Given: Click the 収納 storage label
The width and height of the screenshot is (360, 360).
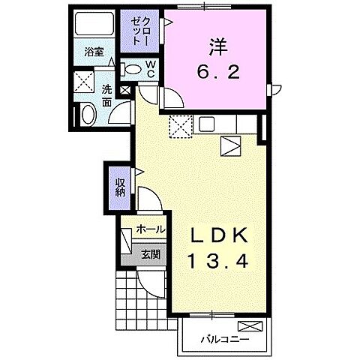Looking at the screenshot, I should [x=120, y=184].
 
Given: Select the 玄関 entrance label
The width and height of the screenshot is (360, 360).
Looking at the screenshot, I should [x=150, y=254].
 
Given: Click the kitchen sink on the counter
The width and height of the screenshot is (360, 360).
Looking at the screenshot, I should [x=206, y=124].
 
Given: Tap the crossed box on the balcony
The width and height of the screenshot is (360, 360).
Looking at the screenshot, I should [x=251, y=326].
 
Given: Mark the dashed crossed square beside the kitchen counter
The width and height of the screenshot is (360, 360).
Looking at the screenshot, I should [x=180, y=127].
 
